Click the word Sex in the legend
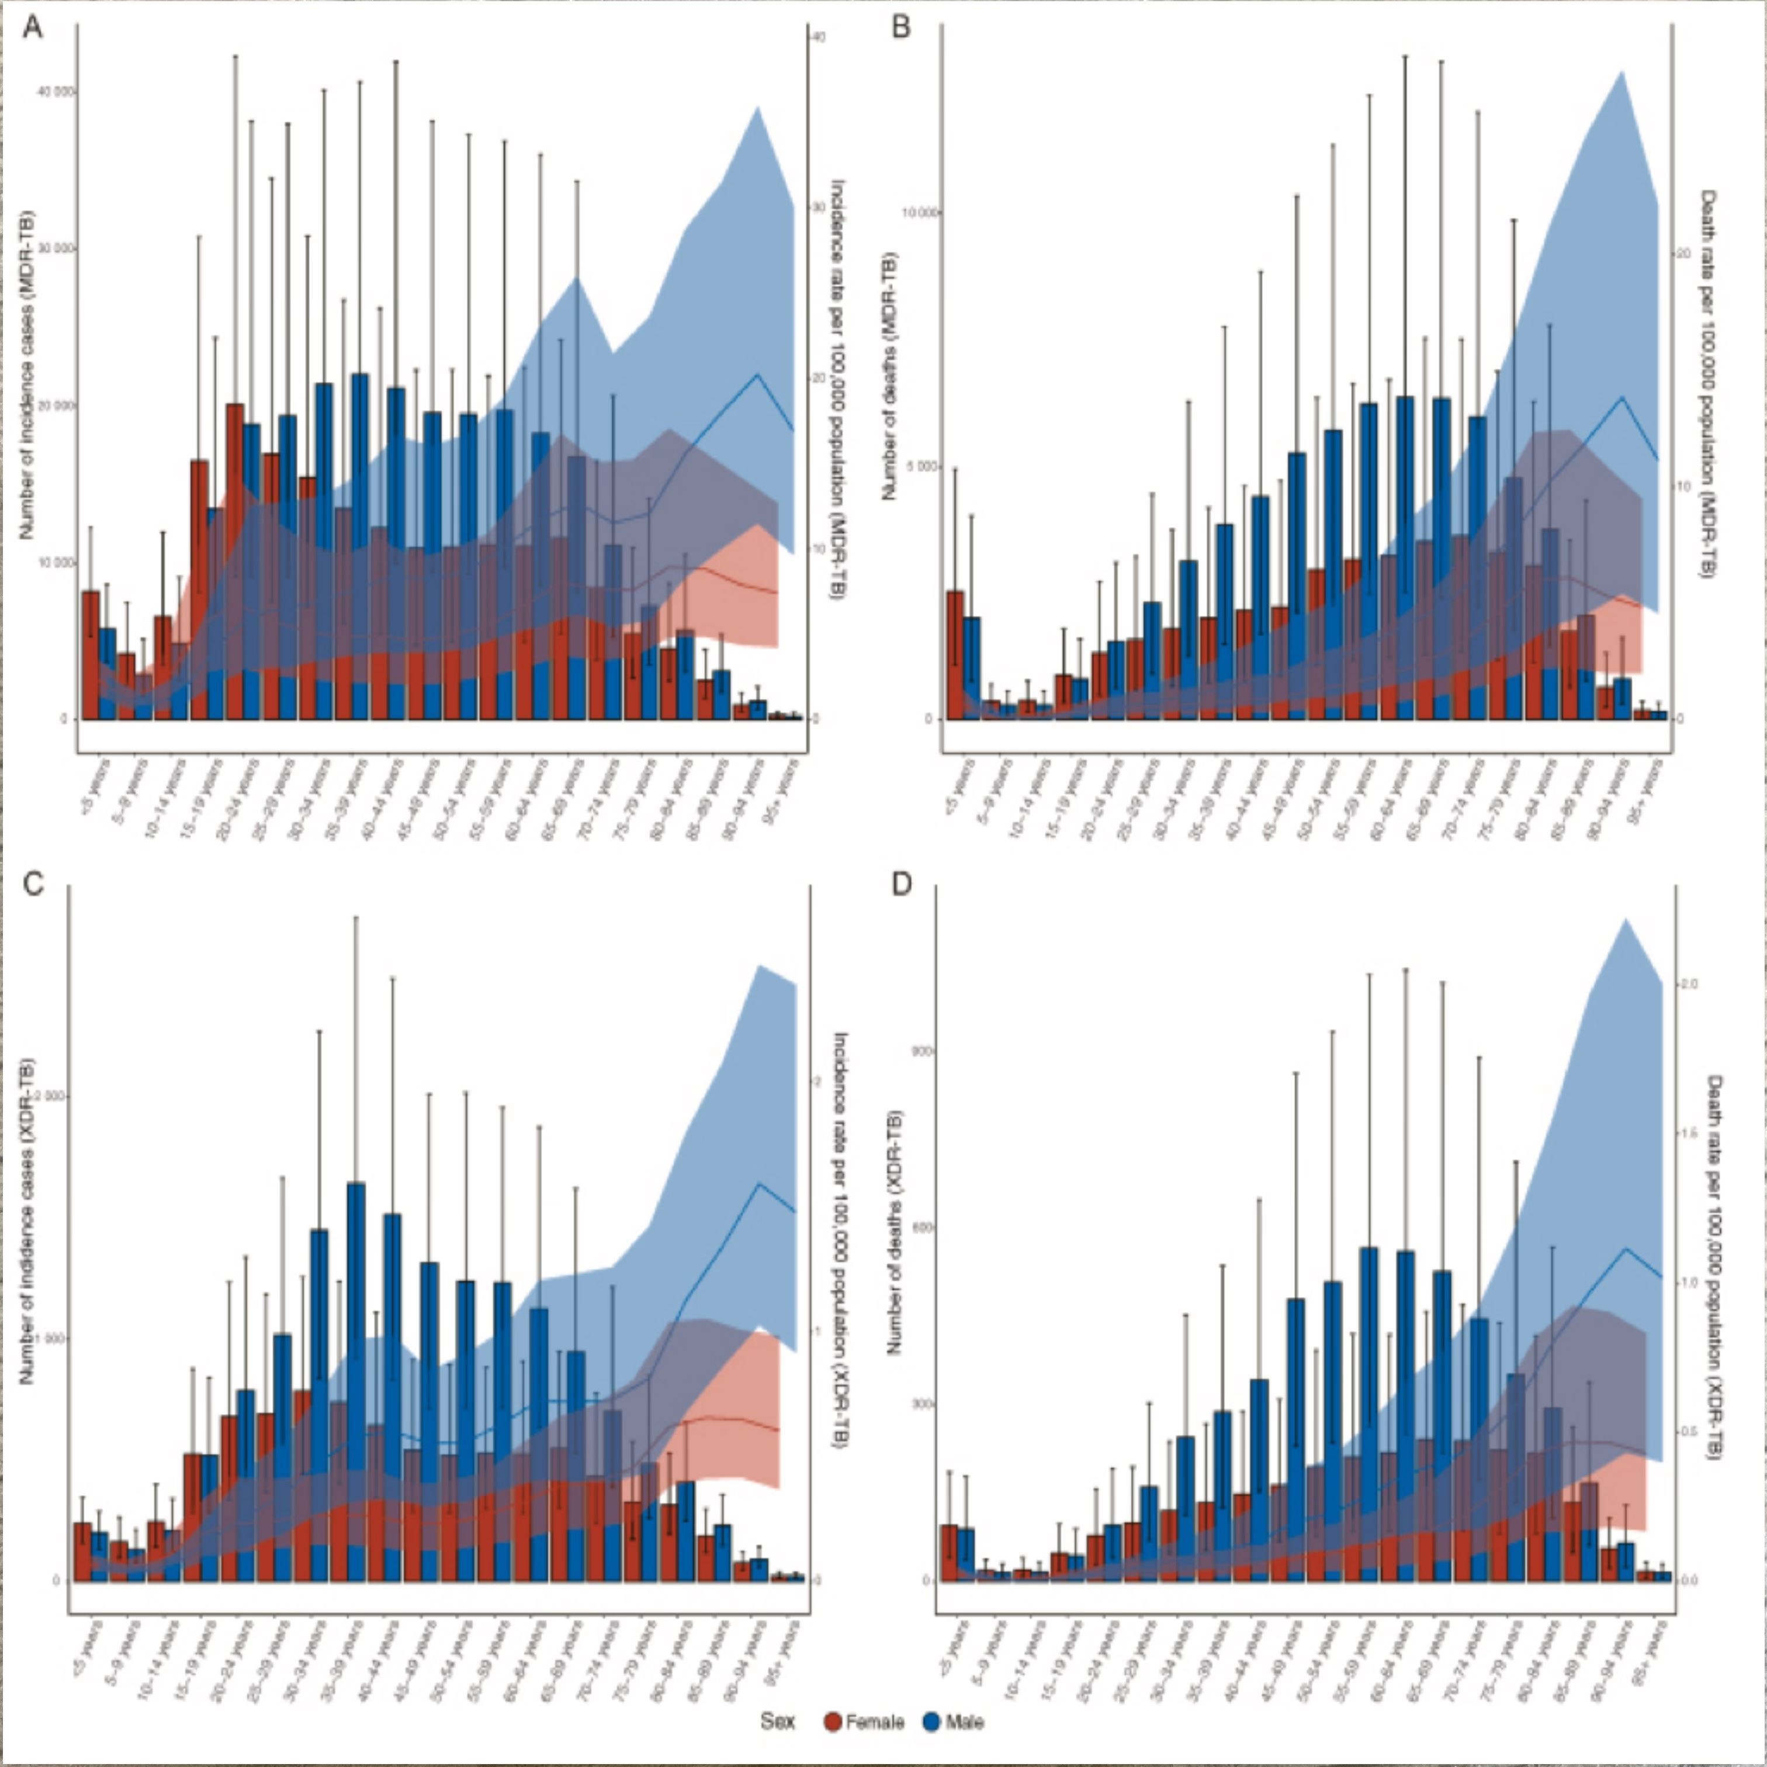[x=777, y=1722]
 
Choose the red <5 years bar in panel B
[x=955, y=654]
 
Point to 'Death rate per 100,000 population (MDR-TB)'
[x=1707, y=384]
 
